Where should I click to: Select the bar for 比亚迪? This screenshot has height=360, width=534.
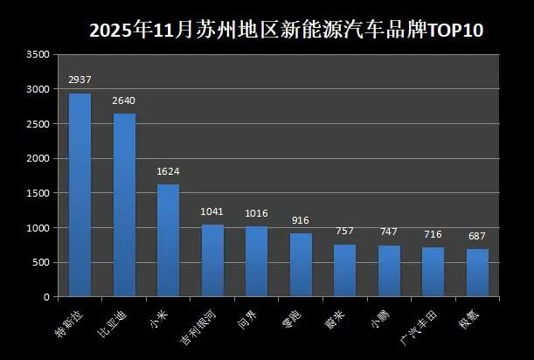(124, 205)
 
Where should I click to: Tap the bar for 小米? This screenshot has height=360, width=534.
(168, 240)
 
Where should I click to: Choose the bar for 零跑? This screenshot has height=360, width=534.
(301, 265)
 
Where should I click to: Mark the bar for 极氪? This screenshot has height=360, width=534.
(477, 273)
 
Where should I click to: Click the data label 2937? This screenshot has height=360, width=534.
(80, 80)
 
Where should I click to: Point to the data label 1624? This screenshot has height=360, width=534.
(168, 171)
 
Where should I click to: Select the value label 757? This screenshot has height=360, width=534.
(344, 232)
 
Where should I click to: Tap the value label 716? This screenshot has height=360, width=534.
(433, 235)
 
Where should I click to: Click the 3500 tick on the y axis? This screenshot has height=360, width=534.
(38, 54)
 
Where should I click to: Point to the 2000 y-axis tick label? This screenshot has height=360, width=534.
(38, 158)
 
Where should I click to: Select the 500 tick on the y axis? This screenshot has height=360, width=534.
(41, 262)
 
